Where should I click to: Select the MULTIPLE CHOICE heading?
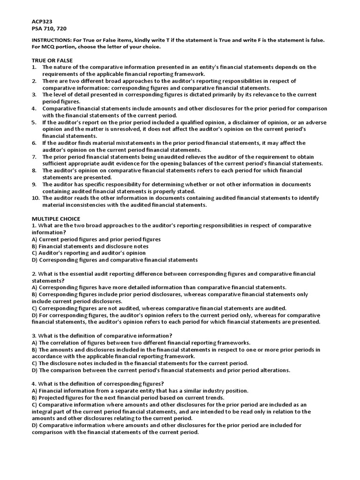coord(56,218)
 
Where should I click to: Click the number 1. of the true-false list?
coord(34,67)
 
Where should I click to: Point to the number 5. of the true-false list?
coord(34,122)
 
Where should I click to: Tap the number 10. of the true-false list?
coord(35,198)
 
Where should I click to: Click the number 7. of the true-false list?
coord(34,157)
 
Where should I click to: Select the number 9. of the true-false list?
coord(34,184)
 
